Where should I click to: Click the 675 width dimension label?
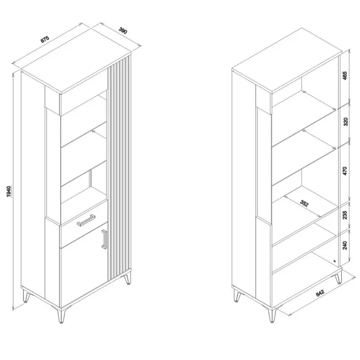(x=45, y=39)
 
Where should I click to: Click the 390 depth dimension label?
(x=123, y=31)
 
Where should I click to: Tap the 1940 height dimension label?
(x=9, y=192)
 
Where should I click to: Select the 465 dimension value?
(x=345, y=76)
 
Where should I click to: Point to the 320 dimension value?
(x=345, y=121)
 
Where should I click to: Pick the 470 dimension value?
(x=345, y=171)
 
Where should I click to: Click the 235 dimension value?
(x=345, y=215)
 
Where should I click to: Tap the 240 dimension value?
(x=345, y=245)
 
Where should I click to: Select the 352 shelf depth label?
(x=304, y=203)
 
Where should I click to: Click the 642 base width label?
(x=320, y=293)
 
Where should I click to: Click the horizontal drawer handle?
(x=86, y=220)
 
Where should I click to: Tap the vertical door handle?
(x=104, y=239)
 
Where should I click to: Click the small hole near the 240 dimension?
(x=334, y=261)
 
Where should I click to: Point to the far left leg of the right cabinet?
(x=238, y=295)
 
